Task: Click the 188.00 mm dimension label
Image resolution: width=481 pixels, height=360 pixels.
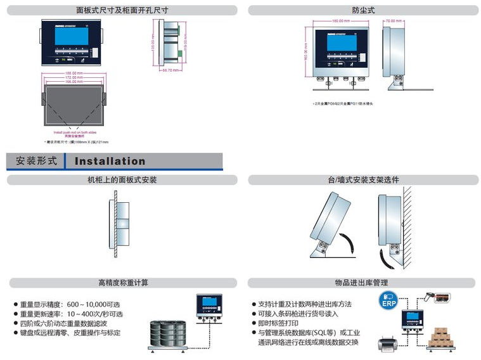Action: click(70, 73)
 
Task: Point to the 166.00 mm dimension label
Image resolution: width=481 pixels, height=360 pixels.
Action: click(70, 82)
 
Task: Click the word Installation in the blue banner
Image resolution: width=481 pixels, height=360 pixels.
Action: click(110, 162)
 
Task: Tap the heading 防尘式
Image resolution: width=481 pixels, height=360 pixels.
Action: click(363, 10)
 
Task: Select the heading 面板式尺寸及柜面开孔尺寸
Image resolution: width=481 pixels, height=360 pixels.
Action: click(122, 10)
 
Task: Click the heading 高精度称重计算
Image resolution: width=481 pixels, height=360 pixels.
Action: click(122, 283)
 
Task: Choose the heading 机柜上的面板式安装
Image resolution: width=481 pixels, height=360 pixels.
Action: click(122, 180)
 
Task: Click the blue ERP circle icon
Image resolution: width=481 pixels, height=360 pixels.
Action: click(388, 302)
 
